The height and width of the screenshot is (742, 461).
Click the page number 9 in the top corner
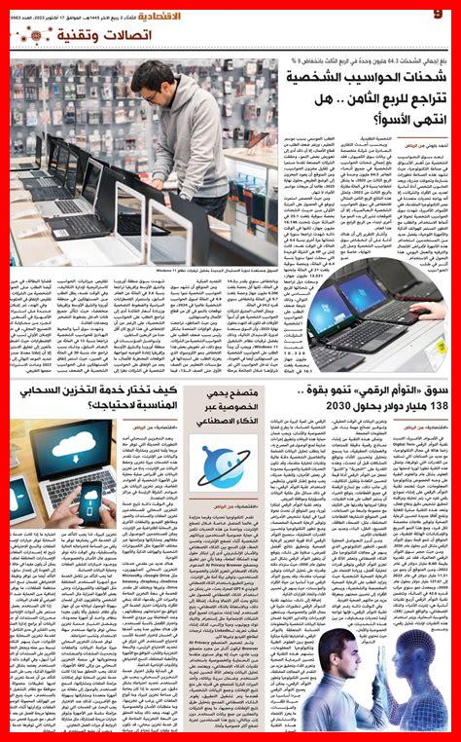tap(438, 12)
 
